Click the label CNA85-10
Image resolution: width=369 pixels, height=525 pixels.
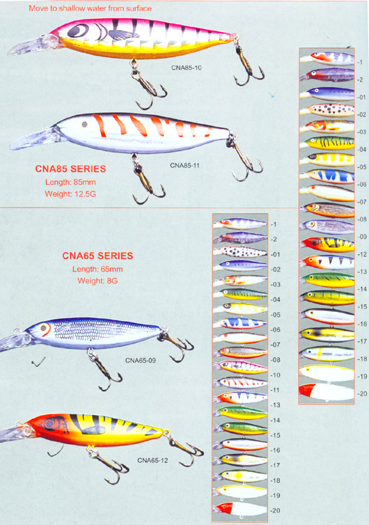click(187, 68)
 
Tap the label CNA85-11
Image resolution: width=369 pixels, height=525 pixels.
click(184, 166)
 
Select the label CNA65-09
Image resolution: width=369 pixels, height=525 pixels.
click(141, 361)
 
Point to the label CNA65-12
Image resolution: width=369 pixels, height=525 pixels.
click(152, 460)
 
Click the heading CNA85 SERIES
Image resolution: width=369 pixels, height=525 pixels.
click(70, 169)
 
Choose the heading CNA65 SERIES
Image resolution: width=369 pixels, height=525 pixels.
click(97, 256)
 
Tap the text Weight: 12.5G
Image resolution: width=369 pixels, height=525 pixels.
click(70, 194)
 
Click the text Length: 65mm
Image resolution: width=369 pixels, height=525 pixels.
click(97, 269)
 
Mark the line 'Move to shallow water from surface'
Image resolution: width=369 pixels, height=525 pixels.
click(90, 8)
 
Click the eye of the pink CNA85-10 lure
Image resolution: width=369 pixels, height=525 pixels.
click(78, 31)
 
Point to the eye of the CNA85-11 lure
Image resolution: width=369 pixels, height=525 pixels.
click(85, 124)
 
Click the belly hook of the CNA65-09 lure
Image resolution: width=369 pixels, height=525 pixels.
click(103, 370)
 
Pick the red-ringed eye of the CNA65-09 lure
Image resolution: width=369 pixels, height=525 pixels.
click(44, 329)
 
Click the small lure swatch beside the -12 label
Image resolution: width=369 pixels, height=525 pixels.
click(327, 244)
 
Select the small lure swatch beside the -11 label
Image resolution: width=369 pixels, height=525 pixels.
click(241, 382)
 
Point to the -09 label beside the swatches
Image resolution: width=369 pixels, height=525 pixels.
click(361, 237)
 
